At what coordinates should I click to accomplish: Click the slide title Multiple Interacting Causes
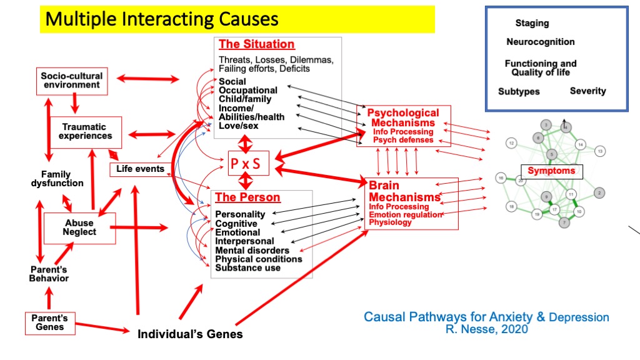[x=162, y=19]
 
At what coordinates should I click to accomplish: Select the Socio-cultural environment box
[x=71, y=80]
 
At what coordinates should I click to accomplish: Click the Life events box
[x=141, y=169]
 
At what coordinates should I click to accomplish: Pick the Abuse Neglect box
[x=79, y=227]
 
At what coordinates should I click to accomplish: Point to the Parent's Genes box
[x=49, y=322]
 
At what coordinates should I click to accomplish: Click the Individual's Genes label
[x=190, y=334]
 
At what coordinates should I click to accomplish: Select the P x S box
[x=245, y=165]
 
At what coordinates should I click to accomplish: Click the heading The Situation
[x=256, y=44]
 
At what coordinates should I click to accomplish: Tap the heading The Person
[x=247, y=197]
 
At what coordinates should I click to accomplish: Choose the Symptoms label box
[x=551, y=171]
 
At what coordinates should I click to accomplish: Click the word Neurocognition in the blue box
[x=541, y=42]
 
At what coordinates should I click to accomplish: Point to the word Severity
[x=587, y=91]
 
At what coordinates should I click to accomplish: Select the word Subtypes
[x=519, y=92]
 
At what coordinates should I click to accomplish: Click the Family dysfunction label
[x=57, y=179]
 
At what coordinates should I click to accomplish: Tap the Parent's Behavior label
[x=49, y=274]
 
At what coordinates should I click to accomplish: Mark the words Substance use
[x=247, y=268]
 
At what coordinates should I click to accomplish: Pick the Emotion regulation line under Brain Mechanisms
[x=405, y=214]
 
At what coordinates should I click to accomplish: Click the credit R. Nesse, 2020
[x=486, y=329]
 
